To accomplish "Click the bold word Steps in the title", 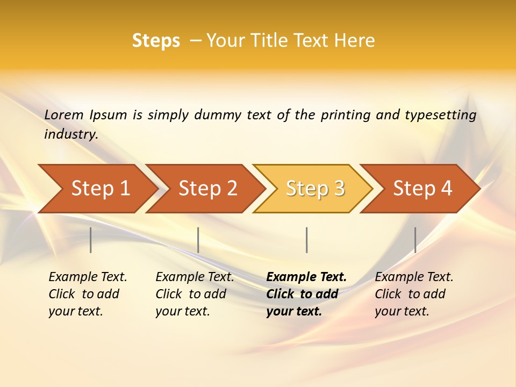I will click(x=156, y=41).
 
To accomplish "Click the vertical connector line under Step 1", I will click(x=91, y=240).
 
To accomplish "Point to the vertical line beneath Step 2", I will click(x=198, y=240).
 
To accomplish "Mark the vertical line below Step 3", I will click(x=306, y=240).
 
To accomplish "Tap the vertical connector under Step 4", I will click(x=415, y=240).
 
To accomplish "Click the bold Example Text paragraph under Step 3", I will click(x=306, y=294).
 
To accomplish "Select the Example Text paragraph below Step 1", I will click(x=88, y=294).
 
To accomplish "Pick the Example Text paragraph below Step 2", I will click(x=195, y=294).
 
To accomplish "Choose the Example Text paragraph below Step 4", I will click(x=414, y=294).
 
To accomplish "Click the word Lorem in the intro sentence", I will click(x=64, y=115).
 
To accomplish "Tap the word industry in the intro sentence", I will click(x=70, y=134).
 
